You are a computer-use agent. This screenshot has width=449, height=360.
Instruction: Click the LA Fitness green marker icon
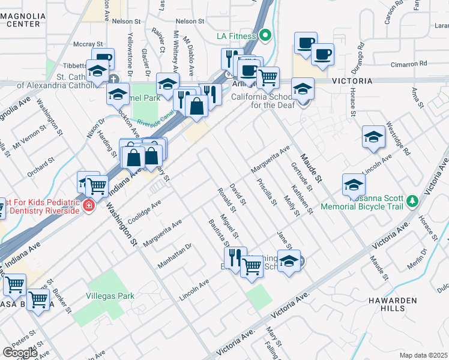coord(265,35)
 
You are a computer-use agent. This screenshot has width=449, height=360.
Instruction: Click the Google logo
coord(20,352)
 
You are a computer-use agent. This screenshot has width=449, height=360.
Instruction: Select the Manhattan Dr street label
coord(173,256)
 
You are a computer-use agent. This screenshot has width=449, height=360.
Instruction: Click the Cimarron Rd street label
coord(406,63)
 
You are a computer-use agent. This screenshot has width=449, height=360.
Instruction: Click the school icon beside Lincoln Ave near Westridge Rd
coord(373,137)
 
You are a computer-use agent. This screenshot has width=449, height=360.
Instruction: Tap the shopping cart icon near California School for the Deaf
coord(268,77)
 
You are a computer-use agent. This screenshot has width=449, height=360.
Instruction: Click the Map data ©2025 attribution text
coord(424,355)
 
